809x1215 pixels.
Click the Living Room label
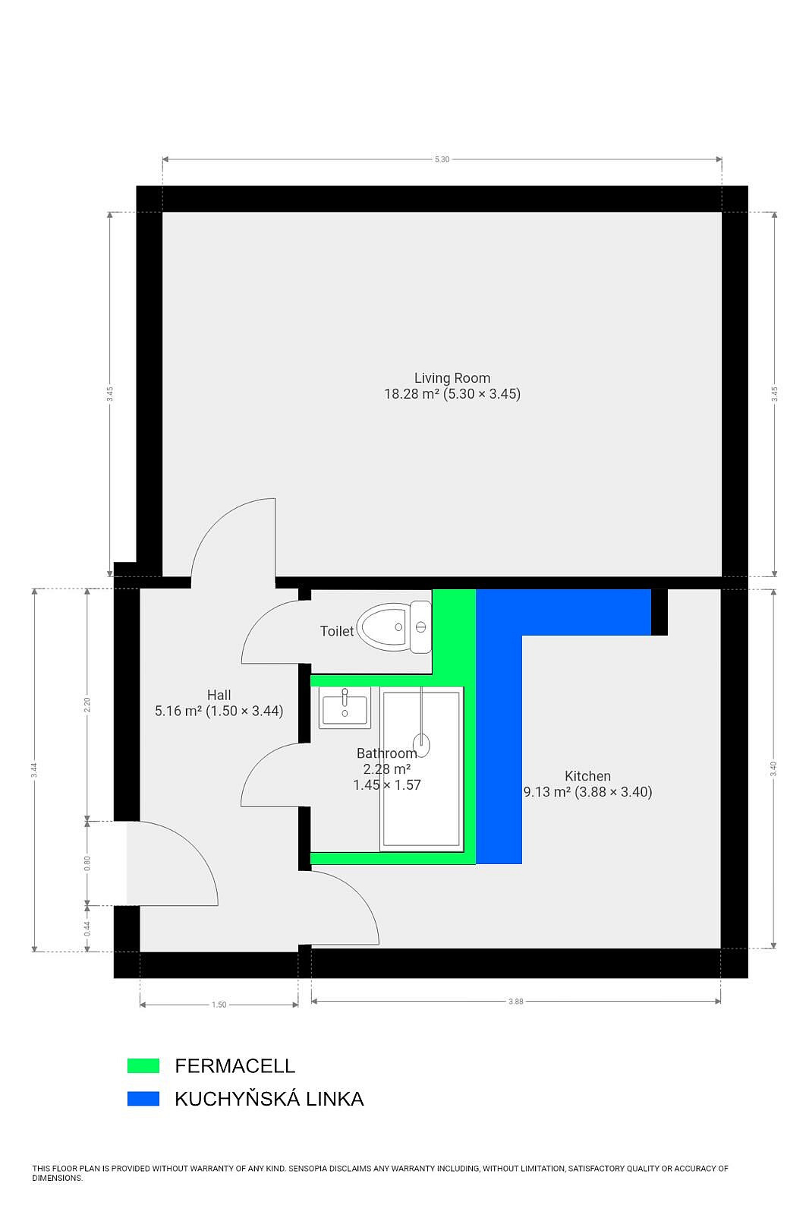pyautogui.click(x=452, y=386)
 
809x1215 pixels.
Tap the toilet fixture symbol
pyautogui.click(x=394, y=627)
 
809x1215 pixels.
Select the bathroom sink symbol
pyautogui.click(x=345, y=707)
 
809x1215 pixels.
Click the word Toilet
pyautogui.click(x=337, y=631)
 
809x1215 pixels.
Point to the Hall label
pyautogui.click(x=219, y=703)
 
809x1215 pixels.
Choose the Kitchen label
pyautogui.click(x=587, y=784)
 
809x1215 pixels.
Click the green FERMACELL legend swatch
pyautogui.click(x=143, y=1066)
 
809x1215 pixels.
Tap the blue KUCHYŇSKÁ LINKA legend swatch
pyautogui.click(x=143, y=1098)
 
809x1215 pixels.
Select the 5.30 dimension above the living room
pyautogui.click(x=442, y=159)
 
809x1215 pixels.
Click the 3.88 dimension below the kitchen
pyautogui.click(x=515, y=1002)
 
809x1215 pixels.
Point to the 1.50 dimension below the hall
pyautogui.click(x=219, y=1005)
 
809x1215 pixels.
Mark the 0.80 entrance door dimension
pyautogui.click(x=87, y=863)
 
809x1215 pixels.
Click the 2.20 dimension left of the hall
pyautogui.click(x=87, y=705)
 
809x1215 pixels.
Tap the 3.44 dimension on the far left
pyautogui.click(x=34, y=770)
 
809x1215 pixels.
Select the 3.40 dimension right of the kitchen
pyautogui.click(x=774, y=768)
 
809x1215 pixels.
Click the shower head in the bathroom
pyautogui.click(x=421, y=743)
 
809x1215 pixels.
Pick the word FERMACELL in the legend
pyautogui.click(x=235, y=1066)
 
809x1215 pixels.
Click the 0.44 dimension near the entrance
pyautogui.click(x=87, y=929)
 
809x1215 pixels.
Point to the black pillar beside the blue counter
pyautogui.click(x=659, y=612)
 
